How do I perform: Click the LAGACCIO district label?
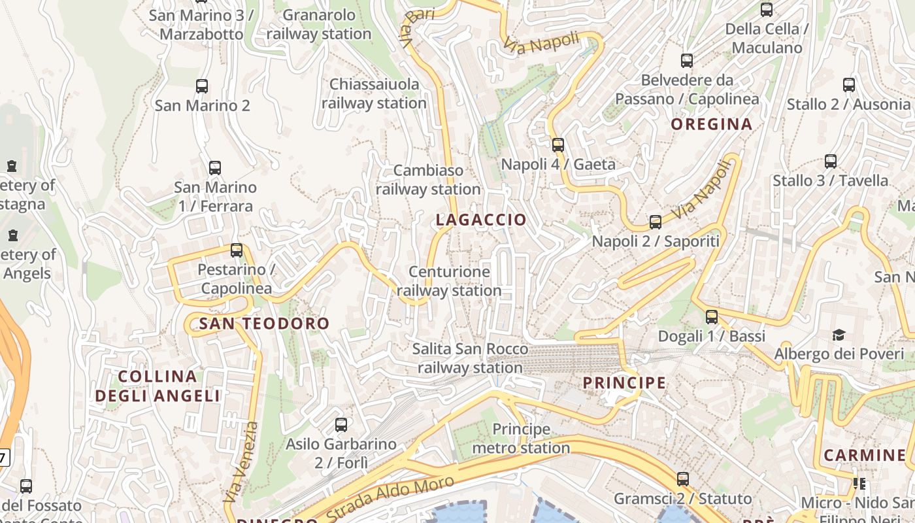(x=480, y=220)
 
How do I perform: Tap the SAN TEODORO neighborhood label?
(x=264, y=323)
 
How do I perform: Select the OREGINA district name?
(x=712, y=124)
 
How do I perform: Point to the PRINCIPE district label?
(x=624, y=382)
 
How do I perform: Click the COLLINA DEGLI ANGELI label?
(x=158, y=386)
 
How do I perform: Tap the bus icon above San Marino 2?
(x=202, y=86)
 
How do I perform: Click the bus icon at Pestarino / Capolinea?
(x=237, y=250)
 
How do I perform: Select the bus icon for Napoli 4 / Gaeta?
(x=557, y=145)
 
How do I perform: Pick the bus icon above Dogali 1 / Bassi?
(x=712, y=317)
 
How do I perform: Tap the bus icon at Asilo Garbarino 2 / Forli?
(x=341, y=425)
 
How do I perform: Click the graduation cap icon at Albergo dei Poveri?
(x=839, y=335)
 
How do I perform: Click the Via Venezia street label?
(x=241, y=462)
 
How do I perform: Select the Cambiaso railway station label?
(x=428, y=180)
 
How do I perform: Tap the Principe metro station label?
(x=521, y=439)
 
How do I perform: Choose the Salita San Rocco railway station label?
(x=470, y=358)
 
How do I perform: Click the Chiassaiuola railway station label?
(x=374, y=93)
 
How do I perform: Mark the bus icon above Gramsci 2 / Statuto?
(x=683, y=479)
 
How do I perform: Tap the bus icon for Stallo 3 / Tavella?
(x=831, y=161)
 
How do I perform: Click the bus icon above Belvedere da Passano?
(x=687, y=61)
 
